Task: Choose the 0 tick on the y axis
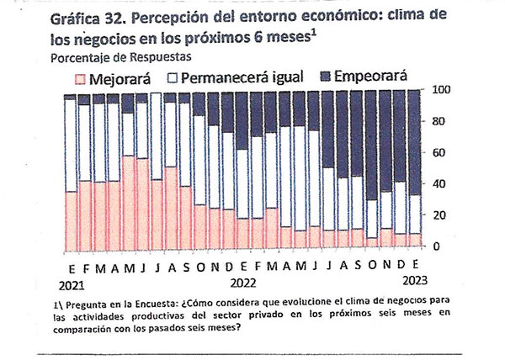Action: coord(434,246)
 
